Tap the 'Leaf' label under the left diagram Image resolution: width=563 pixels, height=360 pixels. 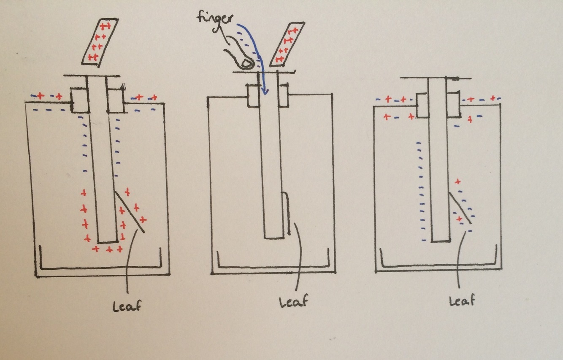127,306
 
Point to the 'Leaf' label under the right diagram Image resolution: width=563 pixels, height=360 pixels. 461,301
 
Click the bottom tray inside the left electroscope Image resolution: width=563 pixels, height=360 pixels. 100,268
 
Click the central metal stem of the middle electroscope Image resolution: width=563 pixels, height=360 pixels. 271,160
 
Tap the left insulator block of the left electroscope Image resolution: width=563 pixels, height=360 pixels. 78,100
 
